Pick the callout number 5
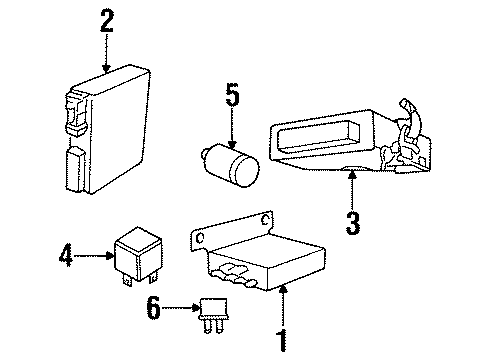[x=231, y=97]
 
